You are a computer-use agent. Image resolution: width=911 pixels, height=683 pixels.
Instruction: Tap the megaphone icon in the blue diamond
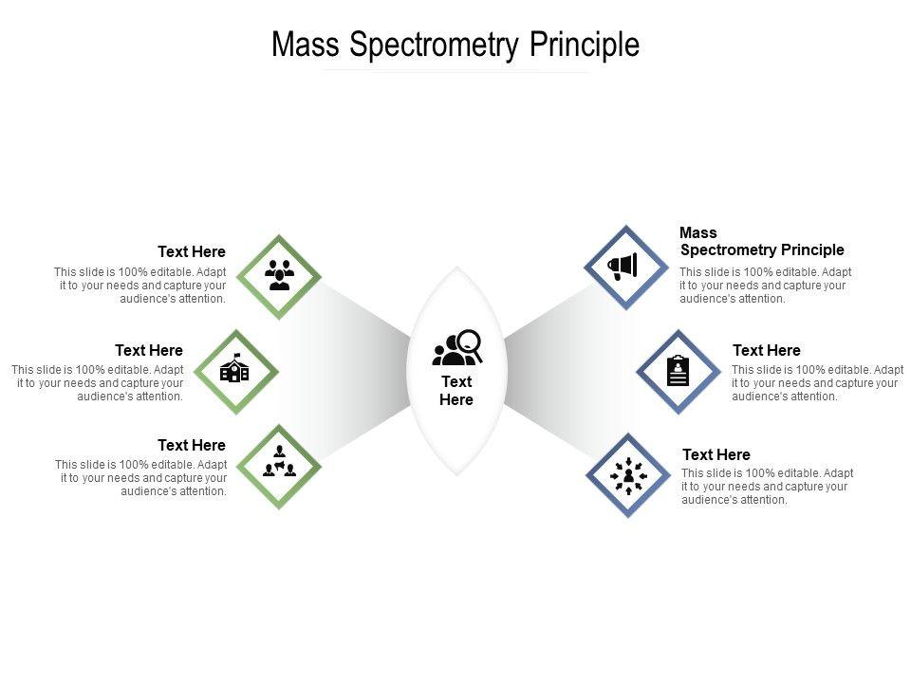[624, 268]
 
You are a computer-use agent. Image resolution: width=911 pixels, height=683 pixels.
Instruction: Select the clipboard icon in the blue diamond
[678, 371]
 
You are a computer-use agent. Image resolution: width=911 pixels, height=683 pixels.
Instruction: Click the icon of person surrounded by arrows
[627, 474]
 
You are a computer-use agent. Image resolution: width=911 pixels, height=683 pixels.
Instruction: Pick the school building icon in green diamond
[234, 370]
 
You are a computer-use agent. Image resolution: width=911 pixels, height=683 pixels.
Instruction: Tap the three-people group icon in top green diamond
[279, 275]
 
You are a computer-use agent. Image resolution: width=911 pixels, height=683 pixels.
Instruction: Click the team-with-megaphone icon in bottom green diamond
[279, 465]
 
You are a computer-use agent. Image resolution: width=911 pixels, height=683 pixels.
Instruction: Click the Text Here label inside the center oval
[456, 390]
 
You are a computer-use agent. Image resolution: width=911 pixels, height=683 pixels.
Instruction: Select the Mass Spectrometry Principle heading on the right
[761, 242]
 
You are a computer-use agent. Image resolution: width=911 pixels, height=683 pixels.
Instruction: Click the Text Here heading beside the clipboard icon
[766, 351]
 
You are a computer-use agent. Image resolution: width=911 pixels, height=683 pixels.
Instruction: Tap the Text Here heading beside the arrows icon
[716, 455]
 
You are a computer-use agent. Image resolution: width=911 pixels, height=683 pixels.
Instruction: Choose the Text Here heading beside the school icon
[149, 351]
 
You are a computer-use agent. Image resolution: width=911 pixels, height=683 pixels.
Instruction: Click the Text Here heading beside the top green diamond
[192, 252]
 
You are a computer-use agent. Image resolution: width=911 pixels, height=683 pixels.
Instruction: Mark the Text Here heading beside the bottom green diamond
[192, 446]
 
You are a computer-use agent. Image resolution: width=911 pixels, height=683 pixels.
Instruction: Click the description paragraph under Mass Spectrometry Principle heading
[765, 286]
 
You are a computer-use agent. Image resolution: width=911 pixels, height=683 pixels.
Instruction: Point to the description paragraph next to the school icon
[97, 383]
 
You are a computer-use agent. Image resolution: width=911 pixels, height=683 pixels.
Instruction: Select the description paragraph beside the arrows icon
[767, 487]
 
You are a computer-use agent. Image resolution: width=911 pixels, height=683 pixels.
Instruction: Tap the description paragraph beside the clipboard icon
[817, 383]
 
